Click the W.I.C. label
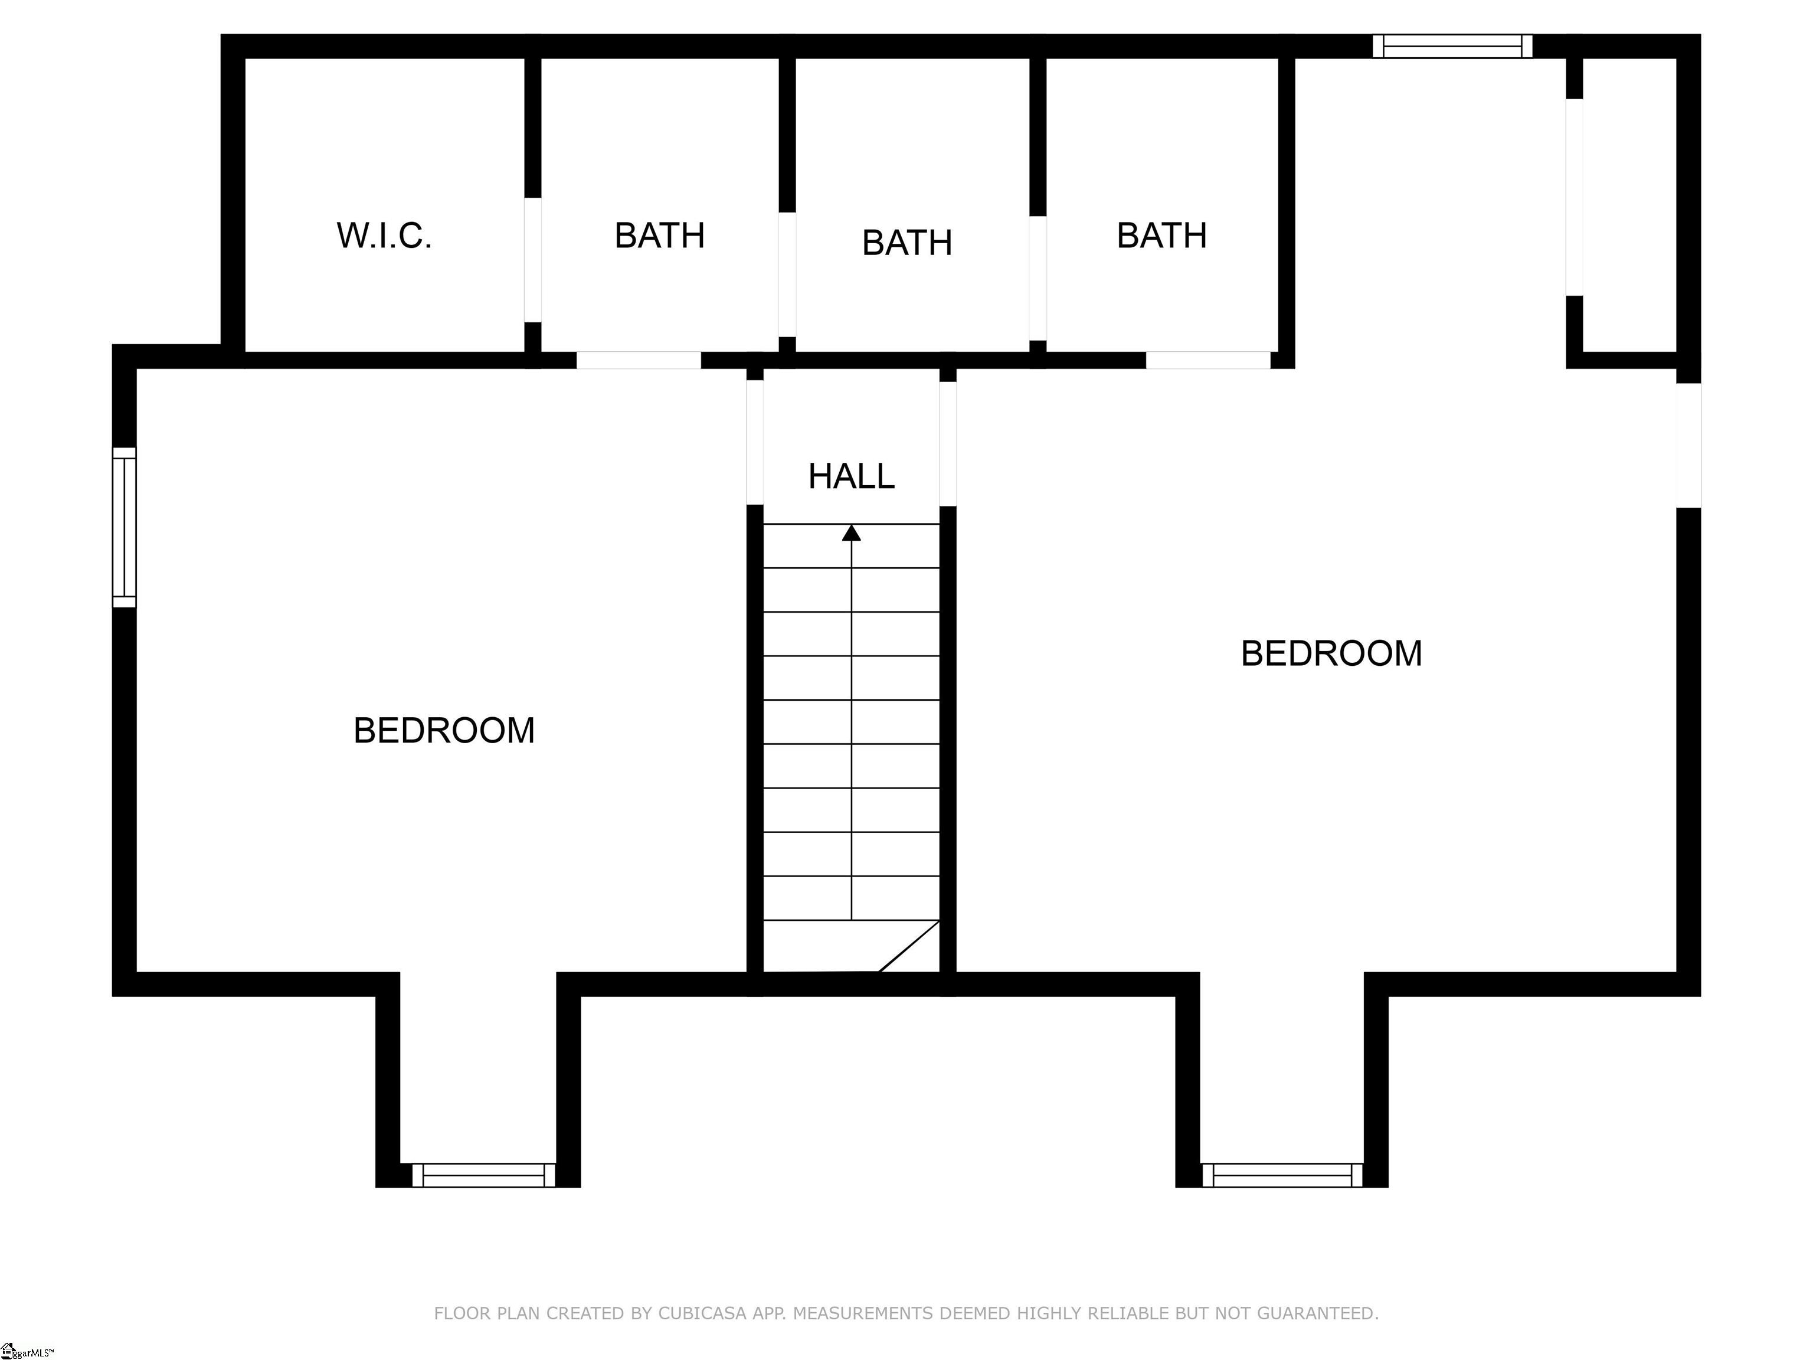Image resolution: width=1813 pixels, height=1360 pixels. pyautogui.click(x=384, y=236)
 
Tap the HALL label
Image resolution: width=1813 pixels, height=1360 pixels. pyautogui.click(x=851, y=476)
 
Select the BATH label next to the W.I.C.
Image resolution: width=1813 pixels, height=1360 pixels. pyautogui.click(x=660, y=236)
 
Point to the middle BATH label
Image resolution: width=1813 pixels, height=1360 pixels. pyautogui.click(x=907, y=243)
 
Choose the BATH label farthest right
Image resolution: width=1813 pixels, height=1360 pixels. pyautogui.click(x=1162, y=236)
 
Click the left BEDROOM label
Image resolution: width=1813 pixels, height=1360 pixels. pyautogui.click(x=444, y=730)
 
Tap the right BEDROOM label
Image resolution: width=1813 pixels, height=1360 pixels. pyautogui.click(x=1332, y=653)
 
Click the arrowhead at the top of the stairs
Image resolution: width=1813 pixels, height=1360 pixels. pyautogui.click(x=852, y=533)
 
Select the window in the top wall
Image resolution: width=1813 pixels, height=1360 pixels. pyautogui.click(x=1453, y=46)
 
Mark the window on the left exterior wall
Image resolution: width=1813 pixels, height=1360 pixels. pyautogui.click(x=124, y=527)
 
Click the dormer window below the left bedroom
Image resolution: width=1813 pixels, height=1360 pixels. pyautogui.click(x=483, y=1175)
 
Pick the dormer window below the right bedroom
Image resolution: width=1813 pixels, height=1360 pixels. pyautogui.click(x=1282, y=1175)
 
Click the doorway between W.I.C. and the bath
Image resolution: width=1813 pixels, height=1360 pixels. pyautogui.click(x=533, y=260)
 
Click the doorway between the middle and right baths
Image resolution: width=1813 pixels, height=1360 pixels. pyautogui.click(x=1038, y=278)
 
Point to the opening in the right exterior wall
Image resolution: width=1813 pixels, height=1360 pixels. pyautogui.click(x=1688, y=445)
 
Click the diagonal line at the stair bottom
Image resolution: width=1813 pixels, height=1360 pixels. pyautogui.click(x=909, y=946)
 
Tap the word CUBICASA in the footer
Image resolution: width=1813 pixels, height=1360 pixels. pyautogui.click(x=702, y=1314)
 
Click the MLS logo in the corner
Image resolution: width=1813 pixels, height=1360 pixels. pyautogui.click(x=27, y=1350)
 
